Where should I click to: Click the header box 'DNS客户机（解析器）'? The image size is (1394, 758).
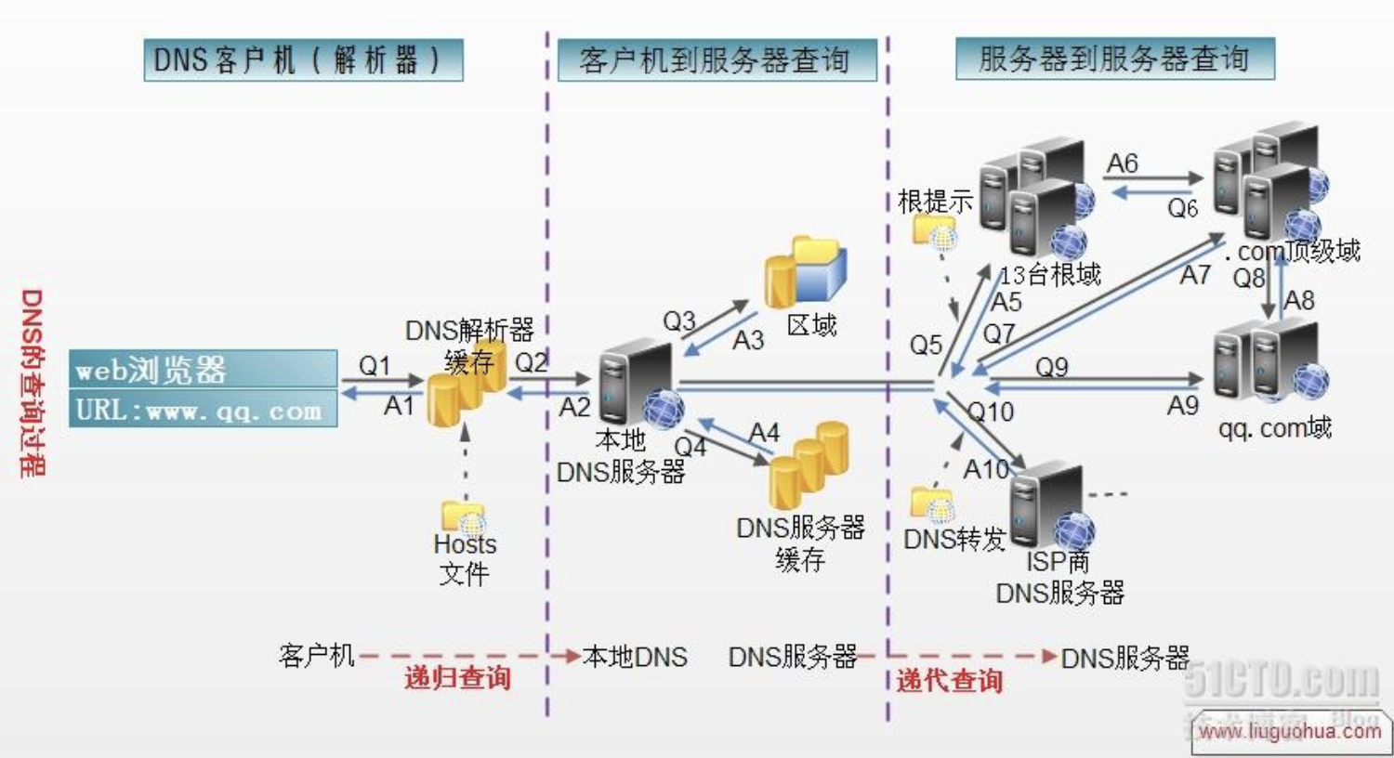303,60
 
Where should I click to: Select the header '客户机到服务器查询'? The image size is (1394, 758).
716,60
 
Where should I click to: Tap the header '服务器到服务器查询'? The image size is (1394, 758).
1114,59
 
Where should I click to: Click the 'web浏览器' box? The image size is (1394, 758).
203,369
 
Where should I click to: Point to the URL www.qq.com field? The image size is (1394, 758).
203,410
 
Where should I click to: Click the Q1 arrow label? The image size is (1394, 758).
375,365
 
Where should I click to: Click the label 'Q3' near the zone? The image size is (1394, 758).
678,321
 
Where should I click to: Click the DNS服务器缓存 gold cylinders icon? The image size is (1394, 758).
809,464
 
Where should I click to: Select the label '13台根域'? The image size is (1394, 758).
1050,274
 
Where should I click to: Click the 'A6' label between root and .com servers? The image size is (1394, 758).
1123,163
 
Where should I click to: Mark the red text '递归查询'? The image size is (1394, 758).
457,677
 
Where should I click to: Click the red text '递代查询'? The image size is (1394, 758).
949,681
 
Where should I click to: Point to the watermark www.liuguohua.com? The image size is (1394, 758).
1289,731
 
